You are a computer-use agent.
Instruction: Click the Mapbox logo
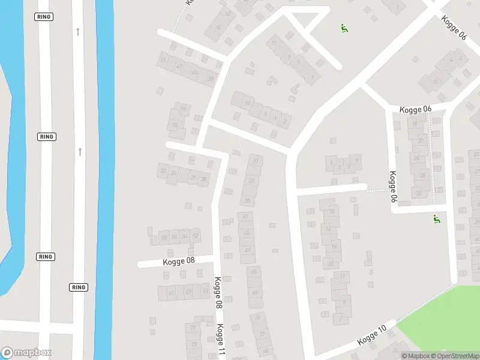pyautogui.click(x=26, y=353)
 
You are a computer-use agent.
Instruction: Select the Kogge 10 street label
pyautogui.click(x=372, y=335)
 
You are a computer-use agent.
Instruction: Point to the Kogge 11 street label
pyautogui.click(x=220, y=340)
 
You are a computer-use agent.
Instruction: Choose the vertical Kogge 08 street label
pyautogui.click(x=218, y=292)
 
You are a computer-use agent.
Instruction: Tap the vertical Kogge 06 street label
pyautogui.click(x=393, y=187)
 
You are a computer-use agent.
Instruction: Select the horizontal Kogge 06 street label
pyautogui.click(x=416, y=109)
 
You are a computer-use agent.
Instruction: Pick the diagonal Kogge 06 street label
pyautogui.click(x=454, y=28)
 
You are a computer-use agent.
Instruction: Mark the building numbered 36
pyautogui.click(x=217, y=27)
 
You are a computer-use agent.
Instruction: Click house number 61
pyautogui.click(x=172, y=293)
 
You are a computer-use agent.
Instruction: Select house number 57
pyautogui.click(x=188, y=292)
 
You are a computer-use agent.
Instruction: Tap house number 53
pyautogui.click(x=205, y=292)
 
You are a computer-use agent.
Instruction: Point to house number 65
pyautogui.click(x=254, y=272)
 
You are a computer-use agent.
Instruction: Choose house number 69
pyautogui.click(x=255, y=292)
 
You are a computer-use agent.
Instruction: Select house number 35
pyautogui.click(x=253, y=180)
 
